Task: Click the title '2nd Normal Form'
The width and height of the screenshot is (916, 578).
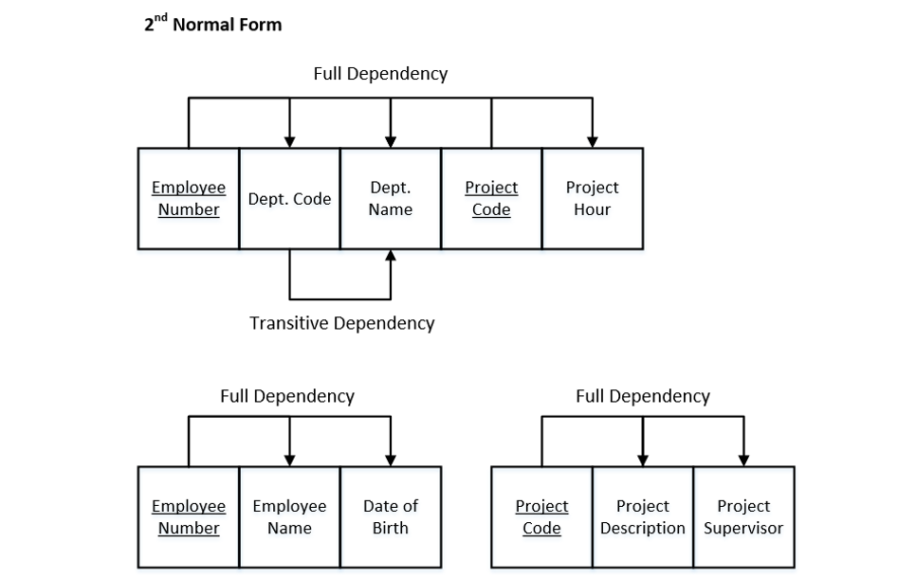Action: [212, 25]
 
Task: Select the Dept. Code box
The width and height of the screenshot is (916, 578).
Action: [289, 199]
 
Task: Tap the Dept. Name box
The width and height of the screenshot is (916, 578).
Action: [390, 199]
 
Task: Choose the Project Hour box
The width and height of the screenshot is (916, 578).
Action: [592, 199]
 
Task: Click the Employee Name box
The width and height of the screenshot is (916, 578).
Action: [289, 517]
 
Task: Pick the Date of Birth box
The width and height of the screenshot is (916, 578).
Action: [390, 517]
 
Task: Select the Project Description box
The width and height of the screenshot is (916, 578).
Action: [642, 517]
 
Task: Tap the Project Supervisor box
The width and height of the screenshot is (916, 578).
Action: [743, 517]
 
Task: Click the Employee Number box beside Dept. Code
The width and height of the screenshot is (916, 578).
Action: [189, 199]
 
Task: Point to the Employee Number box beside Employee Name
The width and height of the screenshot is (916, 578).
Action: [189, 517]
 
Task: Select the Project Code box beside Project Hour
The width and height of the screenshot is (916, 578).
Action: [491, 199]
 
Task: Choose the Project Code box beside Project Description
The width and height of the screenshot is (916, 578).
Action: [541, 517]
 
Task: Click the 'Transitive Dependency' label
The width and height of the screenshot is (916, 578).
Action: [341, 323]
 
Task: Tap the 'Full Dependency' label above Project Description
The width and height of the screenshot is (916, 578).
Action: [642, 396]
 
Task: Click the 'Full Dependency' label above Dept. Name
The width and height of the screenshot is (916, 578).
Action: [380, 73]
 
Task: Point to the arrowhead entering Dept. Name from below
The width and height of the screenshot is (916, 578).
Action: [390, 257]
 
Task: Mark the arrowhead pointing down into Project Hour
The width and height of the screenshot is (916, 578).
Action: [592, 141]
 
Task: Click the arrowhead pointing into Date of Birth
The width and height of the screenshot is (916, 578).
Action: [390, 460]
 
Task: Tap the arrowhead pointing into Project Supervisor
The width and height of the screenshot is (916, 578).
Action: [743, 460]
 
